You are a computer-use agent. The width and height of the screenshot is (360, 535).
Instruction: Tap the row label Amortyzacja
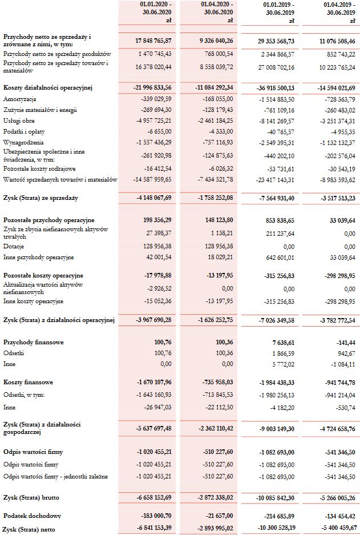tap(21, 99)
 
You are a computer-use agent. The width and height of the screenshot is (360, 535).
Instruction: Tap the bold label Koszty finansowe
tap(28, 381)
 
